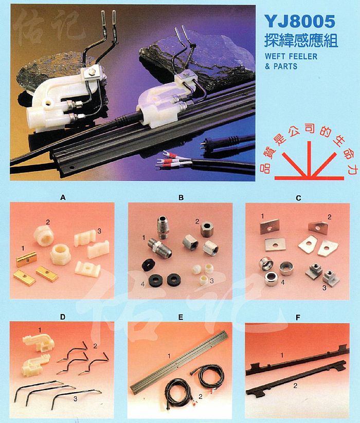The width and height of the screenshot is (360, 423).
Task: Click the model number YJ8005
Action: (x=300, y=21)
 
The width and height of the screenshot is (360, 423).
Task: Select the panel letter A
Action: (x=63, y=198)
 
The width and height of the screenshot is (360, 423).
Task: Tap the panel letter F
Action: (x=298, y=318)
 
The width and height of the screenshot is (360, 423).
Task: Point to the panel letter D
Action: (x=63, y=317)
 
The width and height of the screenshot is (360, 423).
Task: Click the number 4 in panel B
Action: (x=143, y=284)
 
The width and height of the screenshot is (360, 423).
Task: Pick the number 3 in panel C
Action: (x=325, y=288)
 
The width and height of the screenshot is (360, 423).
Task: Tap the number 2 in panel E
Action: (x=200, y=396)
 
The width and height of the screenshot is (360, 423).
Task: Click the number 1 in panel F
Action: (x=282, y=355)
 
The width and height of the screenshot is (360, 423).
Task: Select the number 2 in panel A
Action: (x=48, y=222)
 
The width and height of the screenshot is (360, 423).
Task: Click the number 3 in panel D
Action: (x=76, y=398)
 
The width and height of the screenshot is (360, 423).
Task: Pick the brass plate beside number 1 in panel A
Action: (x=26, y=259)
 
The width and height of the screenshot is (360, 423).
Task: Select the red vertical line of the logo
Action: (x=309, y=159)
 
